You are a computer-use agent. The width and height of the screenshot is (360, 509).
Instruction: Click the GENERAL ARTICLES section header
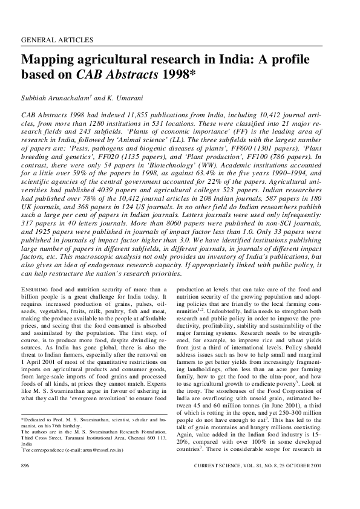(57, 40)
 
